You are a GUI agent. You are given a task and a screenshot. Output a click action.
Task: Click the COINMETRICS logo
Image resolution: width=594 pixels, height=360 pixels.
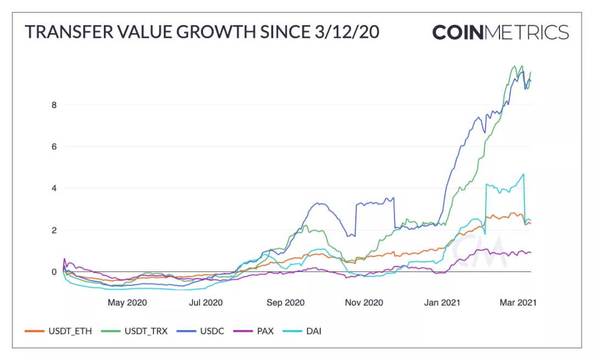tap(500, 32)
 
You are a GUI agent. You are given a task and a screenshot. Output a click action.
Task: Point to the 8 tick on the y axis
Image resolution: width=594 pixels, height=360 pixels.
tap(54, 105)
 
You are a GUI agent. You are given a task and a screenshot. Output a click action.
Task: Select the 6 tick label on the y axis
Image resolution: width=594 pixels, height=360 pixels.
tap(54, 146)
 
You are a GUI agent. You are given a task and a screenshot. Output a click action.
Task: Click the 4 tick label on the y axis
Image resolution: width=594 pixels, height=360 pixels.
tap(54, 188)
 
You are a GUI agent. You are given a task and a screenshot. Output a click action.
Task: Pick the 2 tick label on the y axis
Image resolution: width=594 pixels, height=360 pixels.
tap(54, 230)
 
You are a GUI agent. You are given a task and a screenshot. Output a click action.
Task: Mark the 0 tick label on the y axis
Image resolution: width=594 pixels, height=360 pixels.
tap(54, 272)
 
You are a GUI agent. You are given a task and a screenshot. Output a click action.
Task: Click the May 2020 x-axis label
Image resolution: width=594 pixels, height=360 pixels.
tap(127, 302)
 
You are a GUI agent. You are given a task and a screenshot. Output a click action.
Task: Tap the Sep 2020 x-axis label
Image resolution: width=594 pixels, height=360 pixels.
tap(285, 302)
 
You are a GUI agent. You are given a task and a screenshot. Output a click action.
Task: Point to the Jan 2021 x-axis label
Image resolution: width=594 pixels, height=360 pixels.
tap(443, 302)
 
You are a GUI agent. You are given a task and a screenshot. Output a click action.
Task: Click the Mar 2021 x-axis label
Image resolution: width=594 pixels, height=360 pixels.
tap(517, 302)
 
